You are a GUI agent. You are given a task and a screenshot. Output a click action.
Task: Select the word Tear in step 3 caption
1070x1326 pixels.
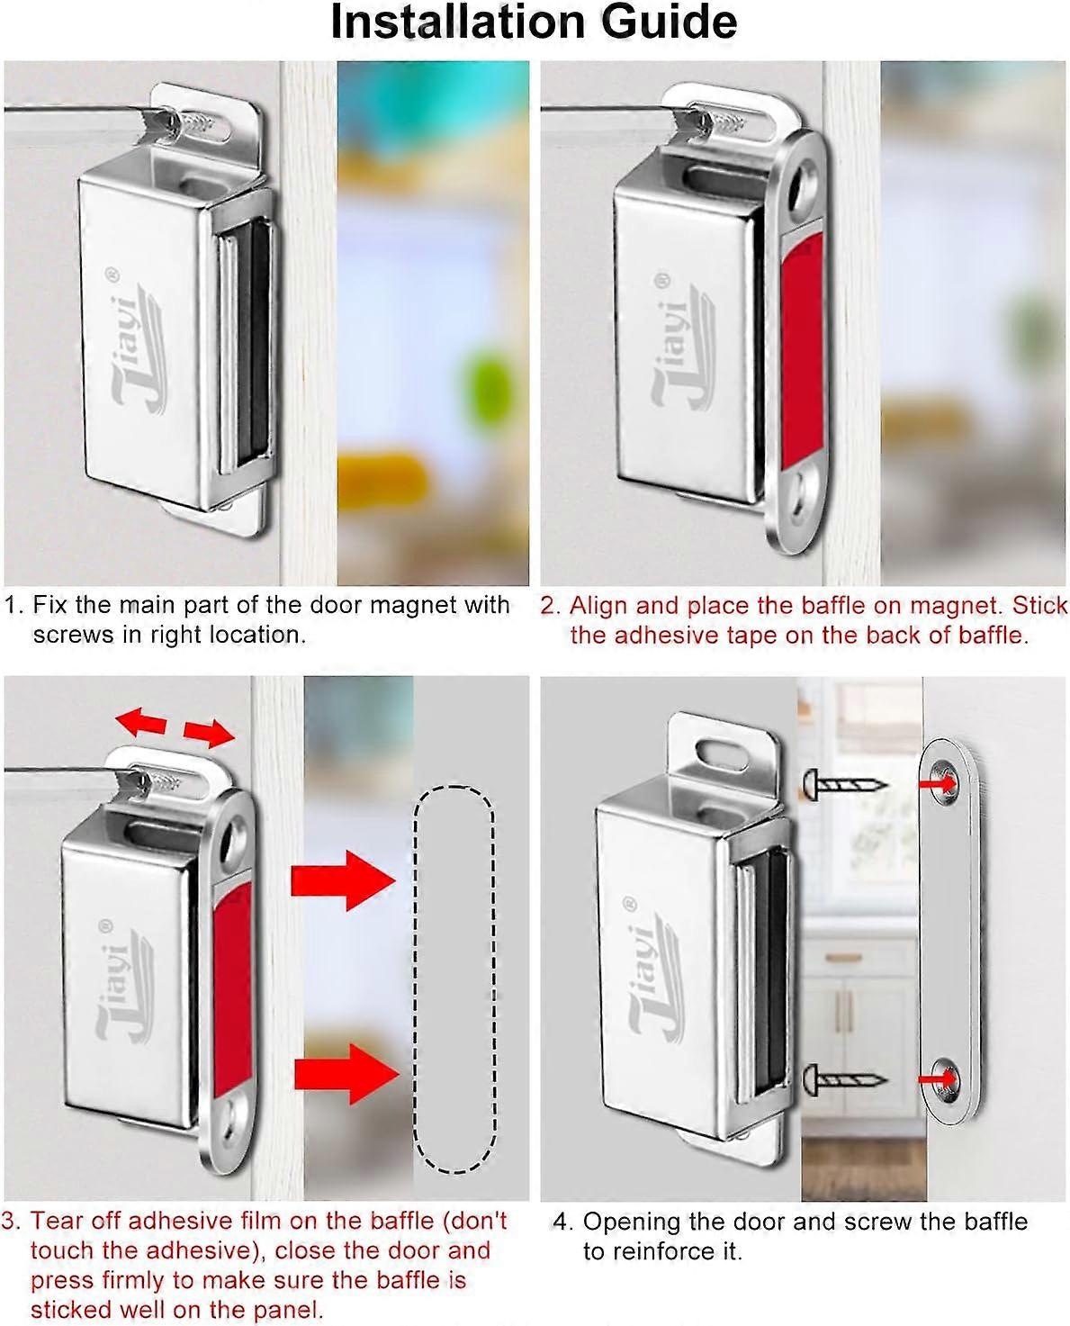pos(56,1221)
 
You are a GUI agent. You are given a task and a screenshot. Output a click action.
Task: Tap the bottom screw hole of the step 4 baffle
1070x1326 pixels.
pos(947,1076)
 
